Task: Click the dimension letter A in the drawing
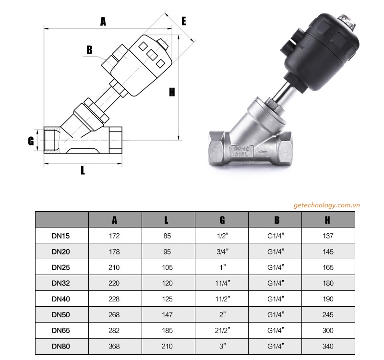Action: pyautogui.click(x=102, y=21)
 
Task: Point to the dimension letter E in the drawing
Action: pyautogui.click(x=183, y=21)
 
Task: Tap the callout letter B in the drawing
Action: pyautogui.click(x=89, y=50)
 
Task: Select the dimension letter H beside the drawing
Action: pyautogui.click(x=171, y=92)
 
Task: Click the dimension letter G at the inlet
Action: pyautogui.click(x=30, y=141)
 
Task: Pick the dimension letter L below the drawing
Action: pyautogui.click(x=83, y=170)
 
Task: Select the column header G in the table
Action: pyautogui.click(x=222, y=220)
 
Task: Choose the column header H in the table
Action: pyautogui.click(x=328, y=220)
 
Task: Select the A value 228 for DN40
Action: pyautogui.click(x=114, y=299)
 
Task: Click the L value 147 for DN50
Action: pyautogui.click(x=167, y=315)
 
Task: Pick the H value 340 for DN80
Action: pyautogui.click(x=328, y=346)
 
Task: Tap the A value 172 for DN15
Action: pyautogui.click(x=114, y=236)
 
